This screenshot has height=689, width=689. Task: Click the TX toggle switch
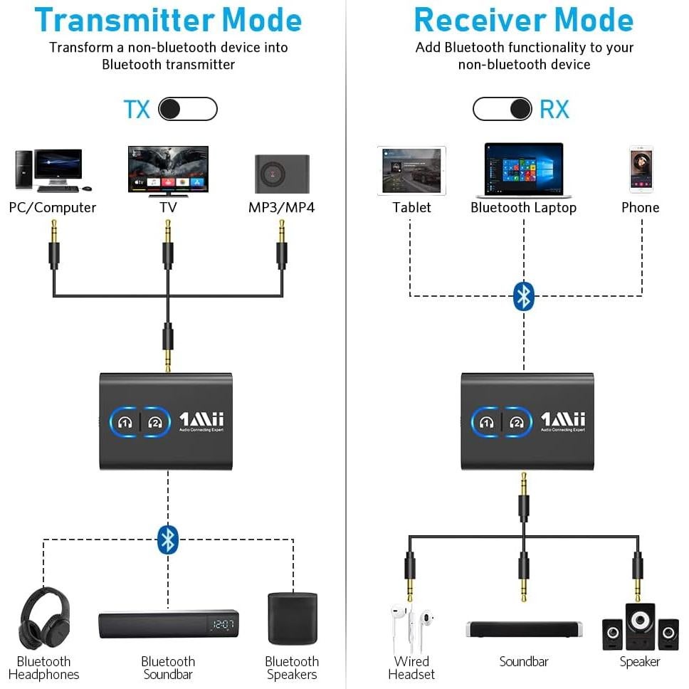tap(187, 109)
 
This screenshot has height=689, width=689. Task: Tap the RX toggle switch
tap(502, 109)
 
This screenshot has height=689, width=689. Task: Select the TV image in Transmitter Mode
tap(168, 170)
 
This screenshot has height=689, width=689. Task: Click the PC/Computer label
tap(53, 208)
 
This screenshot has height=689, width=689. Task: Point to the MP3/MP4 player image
tap(282, 173)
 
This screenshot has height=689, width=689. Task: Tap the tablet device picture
tap(411, 171)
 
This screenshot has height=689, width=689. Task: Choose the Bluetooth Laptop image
tap(524, 170)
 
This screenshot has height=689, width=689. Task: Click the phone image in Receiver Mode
tap(641, 169)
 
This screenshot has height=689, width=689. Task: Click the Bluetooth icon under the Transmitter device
tap(167, 540)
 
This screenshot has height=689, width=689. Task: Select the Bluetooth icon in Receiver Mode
tap(524, 296)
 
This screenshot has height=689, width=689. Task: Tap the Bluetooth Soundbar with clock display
tap(168, 624)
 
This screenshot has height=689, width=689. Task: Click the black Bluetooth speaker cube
tap(292, 619)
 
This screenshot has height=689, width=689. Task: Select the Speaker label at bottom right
tap(640, 662)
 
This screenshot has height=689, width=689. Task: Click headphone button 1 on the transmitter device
tap(126, 422)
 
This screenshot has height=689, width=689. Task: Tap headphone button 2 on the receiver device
tap(517, 422)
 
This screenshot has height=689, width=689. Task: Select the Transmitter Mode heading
tap(168, 20)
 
